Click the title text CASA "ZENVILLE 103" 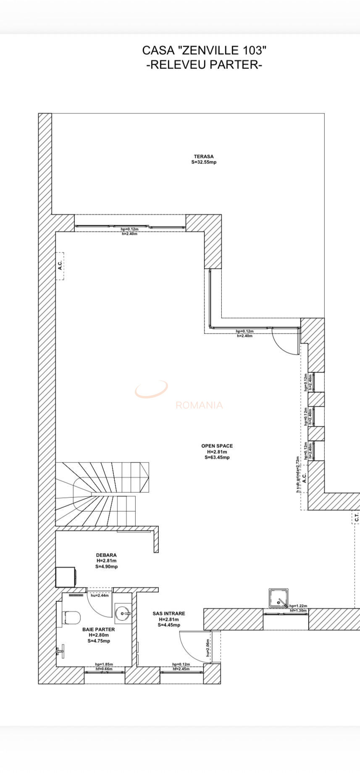[204, 50]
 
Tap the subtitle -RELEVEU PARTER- [204, 65]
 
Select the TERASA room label [204, 157]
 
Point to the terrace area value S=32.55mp [204, 162]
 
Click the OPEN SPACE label [217, 446]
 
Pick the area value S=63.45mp [217, 457]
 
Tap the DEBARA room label [106, 555]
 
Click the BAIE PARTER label [99, 629]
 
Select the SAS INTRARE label [169, 613]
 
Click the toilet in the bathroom [71, 618]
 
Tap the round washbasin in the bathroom [123, 614]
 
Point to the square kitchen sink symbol [279, 598]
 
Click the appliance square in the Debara [66, 577]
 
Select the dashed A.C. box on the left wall [60, 266]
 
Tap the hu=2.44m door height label [100, 595]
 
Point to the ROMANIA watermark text [199, 405]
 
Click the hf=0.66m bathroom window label [104, 669]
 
